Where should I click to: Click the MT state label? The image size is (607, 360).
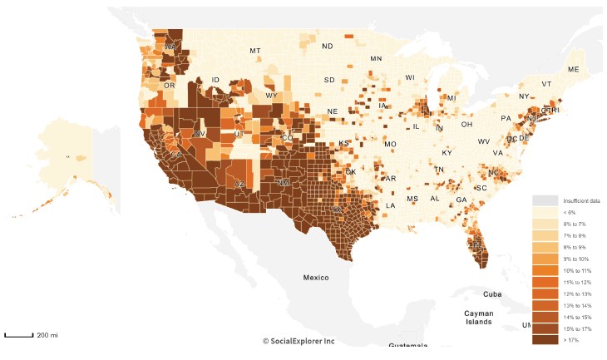[x=255, y=51]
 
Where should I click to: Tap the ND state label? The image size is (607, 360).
[x=328, y=46]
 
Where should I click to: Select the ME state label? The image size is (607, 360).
[x=572, y=69]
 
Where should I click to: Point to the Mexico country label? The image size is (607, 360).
[x=316, y=277]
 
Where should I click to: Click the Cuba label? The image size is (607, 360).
[x=494, y=293]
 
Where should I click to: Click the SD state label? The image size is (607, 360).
[x=329, y=80]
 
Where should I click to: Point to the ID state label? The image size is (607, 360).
[x=215, y=80]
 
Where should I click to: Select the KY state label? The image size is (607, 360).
[x=447, y=153]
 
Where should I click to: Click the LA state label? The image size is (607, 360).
[x=389, y=205]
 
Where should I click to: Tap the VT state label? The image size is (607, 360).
[x=546, y=84]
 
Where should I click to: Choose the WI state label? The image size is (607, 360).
[x=409, y=77]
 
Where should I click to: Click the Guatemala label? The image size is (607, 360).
[x=408, y=345]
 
